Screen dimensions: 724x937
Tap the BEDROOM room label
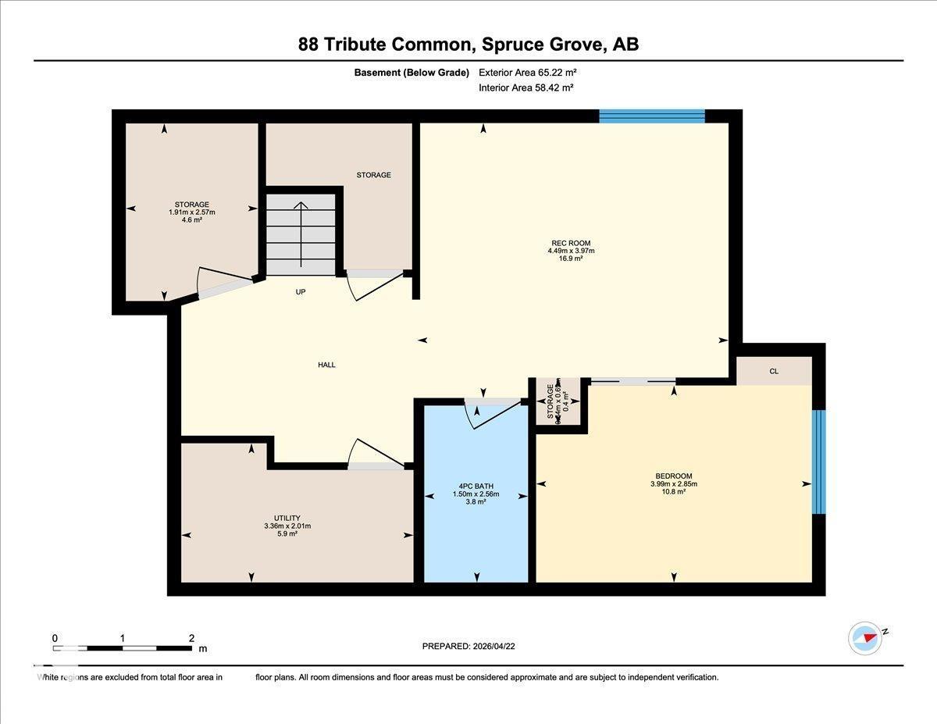pos(673,476)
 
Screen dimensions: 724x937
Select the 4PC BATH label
pos(476,487)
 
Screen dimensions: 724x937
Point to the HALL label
pos(326,365)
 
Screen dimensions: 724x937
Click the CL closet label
pos(774,372)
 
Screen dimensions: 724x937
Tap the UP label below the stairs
pos(301,292)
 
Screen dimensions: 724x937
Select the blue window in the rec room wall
pos(651,116)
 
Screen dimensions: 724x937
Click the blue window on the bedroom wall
pos(818,462)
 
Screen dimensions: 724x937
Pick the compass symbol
pos(865,638)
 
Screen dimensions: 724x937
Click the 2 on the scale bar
pos(191,638)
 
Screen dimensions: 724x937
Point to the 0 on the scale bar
pos(55,638)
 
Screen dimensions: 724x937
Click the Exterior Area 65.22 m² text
pos(527,73)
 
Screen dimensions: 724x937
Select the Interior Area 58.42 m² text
pos(526,88)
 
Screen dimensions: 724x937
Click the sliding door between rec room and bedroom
pos(632,381)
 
